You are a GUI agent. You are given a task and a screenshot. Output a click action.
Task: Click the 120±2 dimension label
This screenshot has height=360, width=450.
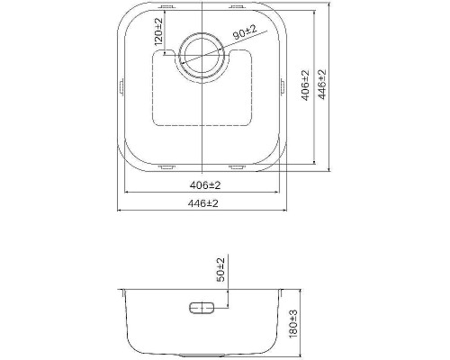click(158, 31)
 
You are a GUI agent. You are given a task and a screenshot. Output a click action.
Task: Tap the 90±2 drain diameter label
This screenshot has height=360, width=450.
click(245, 32)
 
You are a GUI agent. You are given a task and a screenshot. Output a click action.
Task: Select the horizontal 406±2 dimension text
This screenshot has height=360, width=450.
click(205, 185)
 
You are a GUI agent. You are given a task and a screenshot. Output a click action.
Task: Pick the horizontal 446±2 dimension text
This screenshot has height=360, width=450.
click(203, 203)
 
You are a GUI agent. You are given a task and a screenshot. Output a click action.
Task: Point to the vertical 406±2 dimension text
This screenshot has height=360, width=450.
click(305, 85)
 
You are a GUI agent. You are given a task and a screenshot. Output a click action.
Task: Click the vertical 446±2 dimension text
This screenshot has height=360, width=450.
click(322, 85)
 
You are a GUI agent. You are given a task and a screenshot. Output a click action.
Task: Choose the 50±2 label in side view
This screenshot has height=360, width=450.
click(220, 270)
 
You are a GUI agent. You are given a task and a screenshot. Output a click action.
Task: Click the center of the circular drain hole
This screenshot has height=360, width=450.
click(202, 55)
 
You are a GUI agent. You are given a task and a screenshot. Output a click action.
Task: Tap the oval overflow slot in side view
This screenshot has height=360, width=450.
click(202, 308)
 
